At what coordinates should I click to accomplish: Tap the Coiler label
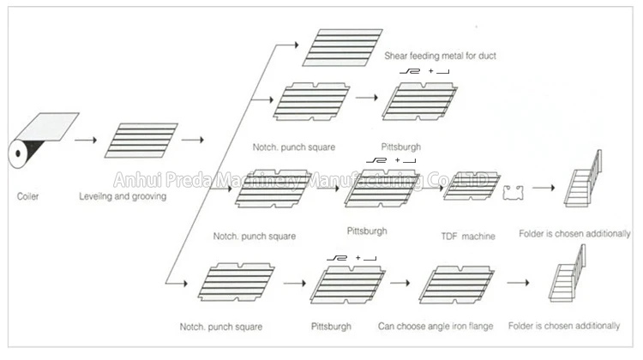[27, 196]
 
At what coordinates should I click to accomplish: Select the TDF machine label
[468, 237]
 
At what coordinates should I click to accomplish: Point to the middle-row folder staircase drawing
[583, 181]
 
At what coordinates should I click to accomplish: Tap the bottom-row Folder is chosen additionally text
[569, 326]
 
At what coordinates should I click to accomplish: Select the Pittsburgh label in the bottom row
[334, 326]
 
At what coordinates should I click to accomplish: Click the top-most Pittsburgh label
[400, 147]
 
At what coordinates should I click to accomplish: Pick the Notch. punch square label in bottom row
[221, 327]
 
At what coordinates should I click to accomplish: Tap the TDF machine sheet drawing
[471, 186]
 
